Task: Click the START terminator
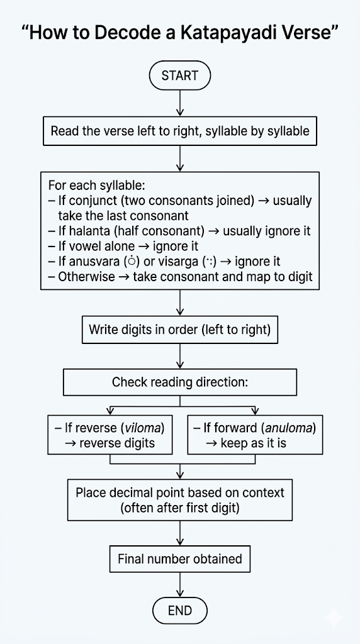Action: coord(179,75)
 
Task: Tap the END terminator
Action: coord(180,611)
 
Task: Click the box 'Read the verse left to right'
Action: coord(180,131)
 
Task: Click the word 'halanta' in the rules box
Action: coord(87,231)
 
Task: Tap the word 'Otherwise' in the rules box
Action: coord(87,276)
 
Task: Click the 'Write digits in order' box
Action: coord(180,330)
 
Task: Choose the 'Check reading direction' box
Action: coord(180,382)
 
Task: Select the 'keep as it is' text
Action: coord(253,444)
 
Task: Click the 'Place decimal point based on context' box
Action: coord(180,500)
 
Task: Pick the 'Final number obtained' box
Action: coord(180,559)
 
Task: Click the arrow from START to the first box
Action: coord(180,104)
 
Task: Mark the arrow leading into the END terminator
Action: coord(180,585)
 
